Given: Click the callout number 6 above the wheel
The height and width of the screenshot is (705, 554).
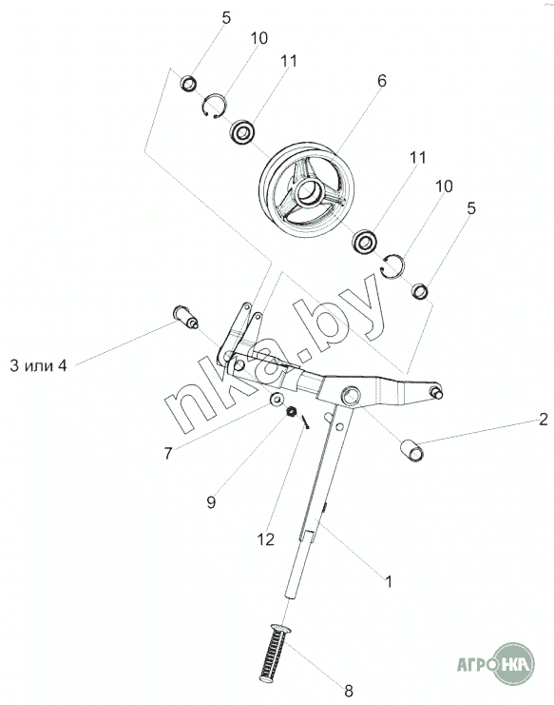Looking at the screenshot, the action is tap(382, 81).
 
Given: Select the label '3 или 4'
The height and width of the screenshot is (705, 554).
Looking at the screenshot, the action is tap(38, 366).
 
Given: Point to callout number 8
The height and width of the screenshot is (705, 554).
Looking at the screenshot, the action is tap(349, 690).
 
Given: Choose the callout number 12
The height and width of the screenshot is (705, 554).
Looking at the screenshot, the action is tap(266, 539).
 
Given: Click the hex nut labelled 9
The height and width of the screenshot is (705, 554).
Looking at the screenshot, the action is tap(292, 411).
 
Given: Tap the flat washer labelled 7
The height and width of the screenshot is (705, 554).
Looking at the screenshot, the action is tap(277, 399).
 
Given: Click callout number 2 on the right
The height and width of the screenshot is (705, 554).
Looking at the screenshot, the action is tap(544, 419).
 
